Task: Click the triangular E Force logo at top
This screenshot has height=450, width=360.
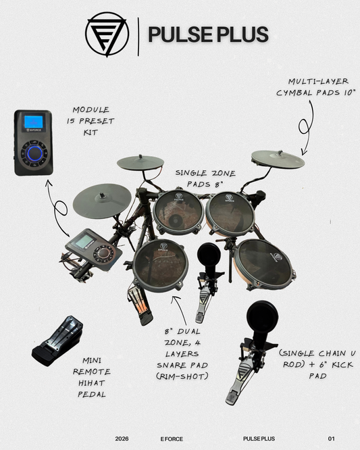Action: tap(106, 33)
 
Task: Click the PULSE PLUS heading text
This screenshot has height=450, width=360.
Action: tap(207, 33)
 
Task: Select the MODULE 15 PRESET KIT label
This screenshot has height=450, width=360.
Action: tap(94, 121)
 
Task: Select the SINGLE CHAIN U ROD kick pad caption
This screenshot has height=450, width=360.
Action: tap(314, 365)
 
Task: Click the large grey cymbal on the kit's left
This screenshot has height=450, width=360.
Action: tap(101, 199)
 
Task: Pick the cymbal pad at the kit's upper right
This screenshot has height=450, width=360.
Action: tap(278, 159)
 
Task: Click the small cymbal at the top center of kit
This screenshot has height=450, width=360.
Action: tap(140, 163)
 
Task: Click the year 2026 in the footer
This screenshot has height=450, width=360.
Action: tap(122, 439)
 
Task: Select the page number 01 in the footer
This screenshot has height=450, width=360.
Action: tap(331, 439)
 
